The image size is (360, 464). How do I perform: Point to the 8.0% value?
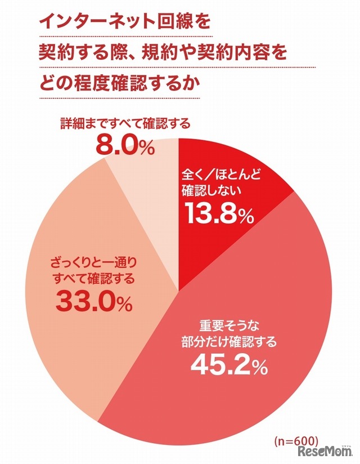[124, 148]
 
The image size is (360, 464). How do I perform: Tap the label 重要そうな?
[225, 325]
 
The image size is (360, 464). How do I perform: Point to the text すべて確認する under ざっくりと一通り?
[93, 278]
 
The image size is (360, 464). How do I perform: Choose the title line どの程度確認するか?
[120, 84]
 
